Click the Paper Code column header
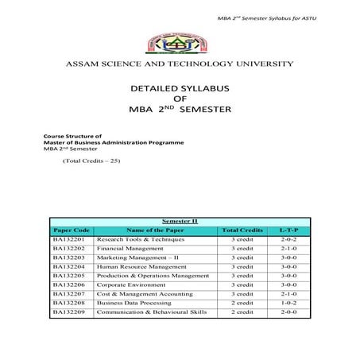(x=71, y=228)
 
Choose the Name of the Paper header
(x=154, y=228)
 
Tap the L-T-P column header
(x=288, y=228)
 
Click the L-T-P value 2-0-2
(x=288, y=238)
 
